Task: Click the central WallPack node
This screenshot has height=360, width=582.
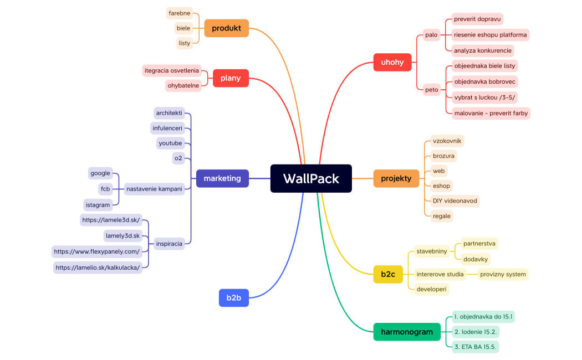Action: coord(311,178)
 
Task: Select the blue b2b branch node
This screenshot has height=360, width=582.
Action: coord(233,297)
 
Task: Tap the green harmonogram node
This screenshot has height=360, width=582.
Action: coord(406,332)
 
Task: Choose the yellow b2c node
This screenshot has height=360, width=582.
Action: coord(388,274)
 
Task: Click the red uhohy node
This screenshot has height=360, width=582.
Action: coord(392,62)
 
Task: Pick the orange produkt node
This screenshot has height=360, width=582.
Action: coord(226,28)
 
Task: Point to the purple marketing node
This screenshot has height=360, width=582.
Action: coord(222,178)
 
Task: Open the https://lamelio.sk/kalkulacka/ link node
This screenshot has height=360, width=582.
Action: coord(98,268)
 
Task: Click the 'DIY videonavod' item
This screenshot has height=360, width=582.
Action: coord(455,200)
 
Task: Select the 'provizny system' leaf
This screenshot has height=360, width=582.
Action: coord(503,274)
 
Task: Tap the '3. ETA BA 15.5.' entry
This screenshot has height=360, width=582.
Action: coord(476,347)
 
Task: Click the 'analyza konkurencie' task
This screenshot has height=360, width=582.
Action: coord(482,50)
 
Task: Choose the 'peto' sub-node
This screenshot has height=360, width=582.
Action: coord(431,89)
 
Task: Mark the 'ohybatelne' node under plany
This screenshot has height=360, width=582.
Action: coord(183,86)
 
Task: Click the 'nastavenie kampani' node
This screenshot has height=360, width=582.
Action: coord(154,189)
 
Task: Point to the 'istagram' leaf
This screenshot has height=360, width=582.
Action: coord(98,205)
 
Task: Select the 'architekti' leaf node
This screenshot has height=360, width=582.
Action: coord(169,113)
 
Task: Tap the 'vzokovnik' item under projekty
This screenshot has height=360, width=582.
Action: coord(447,141)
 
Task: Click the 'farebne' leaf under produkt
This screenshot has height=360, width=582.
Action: coord(180,13)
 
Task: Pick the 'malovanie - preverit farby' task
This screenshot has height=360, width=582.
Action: coord(491,113)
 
